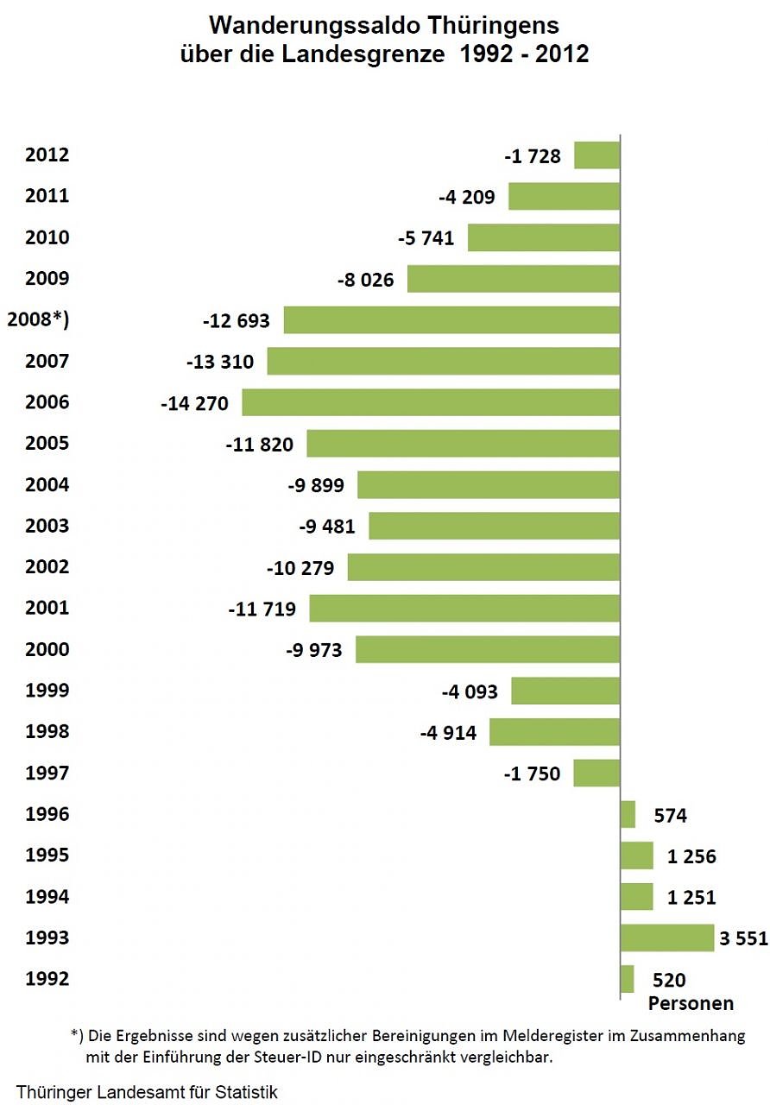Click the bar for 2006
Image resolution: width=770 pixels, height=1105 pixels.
(431, 403)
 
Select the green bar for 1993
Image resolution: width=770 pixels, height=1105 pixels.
(666, 938)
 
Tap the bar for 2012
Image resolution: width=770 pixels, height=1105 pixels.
(596, 155)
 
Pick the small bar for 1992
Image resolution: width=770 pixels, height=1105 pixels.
(627, 979)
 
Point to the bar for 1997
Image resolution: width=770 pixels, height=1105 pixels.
(596, 773)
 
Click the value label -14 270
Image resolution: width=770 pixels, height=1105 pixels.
(194, 403)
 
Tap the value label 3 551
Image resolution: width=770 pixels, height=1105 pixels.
(742, 938)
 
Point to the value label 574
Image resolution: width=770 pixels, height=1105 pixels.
(670, 815)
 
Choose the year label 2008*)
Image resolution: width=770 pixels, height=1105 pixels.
(38, 320)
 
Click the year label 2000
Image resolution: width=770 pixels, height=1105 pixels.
(47, 650)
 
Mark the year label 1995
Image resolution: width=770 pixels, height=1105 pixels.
(47, 856)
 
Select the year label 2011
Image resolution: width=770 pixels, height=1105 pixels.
(47, 197)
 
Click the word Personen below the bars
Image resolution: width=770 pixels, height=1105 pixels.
(691, 1003)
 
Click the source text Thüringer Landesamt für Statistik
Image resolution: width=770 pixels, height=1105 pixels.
(147, 1092)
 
